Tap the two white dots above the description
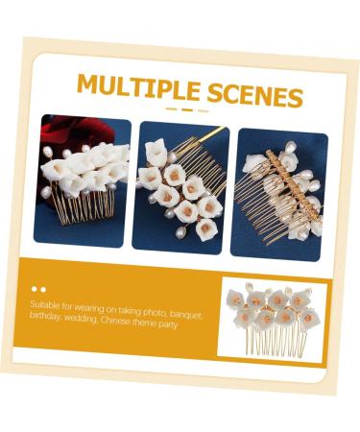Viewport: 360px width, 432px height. [38, 287]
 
